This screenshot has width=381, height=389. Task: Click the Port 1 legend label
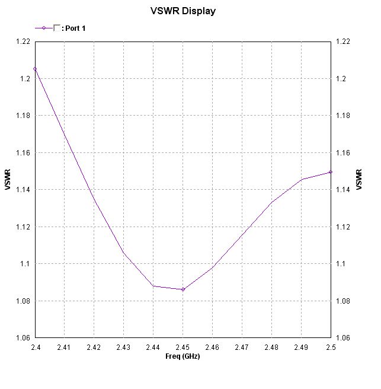(76, 28)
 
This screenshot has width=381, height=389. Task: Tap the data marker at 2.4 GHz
(35, 69)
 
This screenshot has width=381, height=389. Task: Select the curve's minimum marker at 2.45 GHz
(183, 289)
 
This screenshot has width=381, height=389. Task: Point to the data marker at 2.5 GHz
(330, 172)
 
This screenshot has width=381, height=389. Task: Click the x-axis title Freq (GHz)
(183, 356)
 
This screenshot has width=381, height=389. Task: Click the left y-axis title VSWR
(8, 180)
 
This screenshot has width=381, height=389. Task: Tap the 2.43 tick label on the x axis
(123, 347)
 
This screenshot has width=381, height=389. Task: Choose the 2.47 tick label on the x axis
(242, 347)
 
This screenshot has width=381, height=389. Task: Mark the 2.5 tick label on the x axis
(330, 347)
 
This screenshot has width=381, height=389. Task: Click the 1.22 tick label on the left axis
(23, 42)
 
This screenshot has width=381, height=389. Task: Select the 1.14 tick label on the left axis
(23, 190)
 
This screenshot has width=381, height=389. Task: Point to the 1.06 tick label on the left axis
(23, 338)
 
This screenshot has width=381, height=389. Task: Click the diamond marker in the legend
(44, 28)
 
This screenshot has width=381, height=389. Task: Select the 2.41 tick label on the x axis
(65, 347)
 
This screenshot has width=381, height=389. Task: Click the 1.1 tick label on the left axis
(25, 264)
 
